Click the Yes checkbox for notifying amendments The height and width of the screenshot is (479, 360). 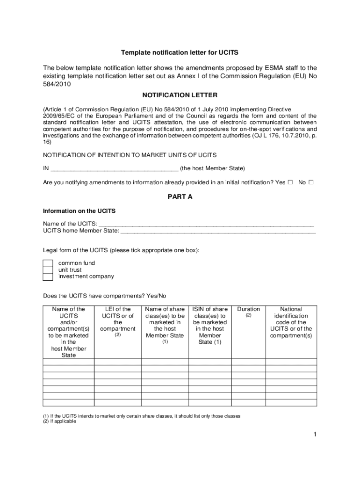(290, 182)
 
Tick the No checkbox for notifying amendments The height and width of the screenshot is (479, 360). (311, 182)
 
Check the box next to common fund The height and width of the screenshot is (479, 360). (48, 263)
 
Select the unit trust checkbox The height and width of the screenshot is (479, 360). (48, 270)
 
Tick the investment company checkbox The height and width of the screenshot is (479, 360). (48, 277)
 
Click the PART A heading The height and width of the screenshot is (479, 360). (180, 196)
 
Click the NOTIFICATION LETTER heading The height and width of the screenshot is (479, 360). (180, 95)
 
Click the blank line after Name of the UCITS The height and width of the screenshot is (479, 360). (206, 224)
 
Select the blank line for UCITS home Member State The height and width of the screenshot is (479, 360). (218, 231)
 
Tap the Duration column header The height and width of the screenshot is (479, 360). (248, 309)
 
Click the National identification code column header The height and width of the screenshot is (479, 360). (291, 322)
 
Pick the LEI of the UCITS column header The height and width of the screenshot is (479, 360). (118, 319)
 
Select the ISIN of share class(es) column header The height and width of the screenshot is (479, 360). (210, 325)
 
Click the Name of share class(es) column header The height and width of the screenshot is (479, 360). (165, 322)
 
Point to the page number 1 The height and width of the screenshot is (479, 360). (315, 435)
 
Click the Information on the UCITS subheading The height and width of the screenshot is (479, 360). (79, 210)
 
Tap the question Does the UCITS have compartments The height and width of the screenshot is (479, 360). (104, 296)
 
